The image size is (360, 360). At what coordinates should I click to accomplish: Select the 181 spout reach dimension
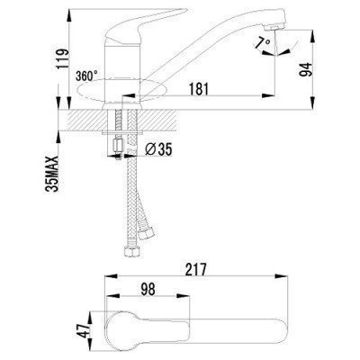pyautogui.click(x=199, y=89)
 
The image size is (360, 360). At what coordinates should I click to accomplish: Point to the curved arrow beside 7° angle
pyautogui.click(x=270, y=54)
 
